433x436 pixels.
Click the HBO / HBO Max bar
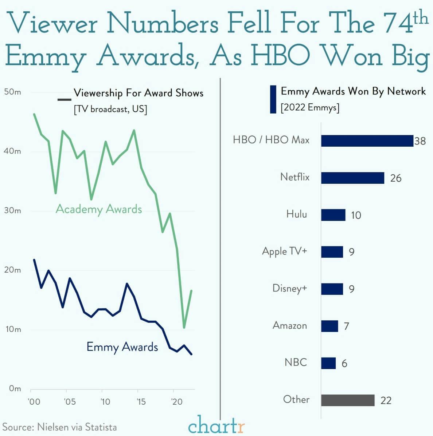click(x=367, y=141)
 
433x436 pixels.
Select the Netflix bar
click(x=352, y=178)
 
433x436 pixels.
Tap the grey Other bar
click(x=348, y=400)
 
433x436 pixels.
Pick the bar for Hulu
click(x=333, y=215)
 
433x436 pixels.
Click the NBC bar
click(x=328, y=363)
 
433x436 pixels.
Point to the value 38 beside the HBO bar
click(x=420, y=141)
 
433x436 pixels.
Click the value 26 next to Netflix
click(x=395, y=178)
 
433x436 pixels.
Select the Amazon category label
click(x=290, y=325)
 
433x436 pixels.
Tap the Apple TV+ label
click(x=284, y=251)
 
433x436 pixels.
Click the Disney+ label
click(x=290, y=288)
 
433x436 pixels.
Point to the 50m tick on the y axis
click(x=13, y=92)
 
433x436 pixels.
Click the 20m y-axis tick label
click(x=13, y=270)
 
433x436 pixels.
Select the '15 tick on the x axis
click(x=141, y=402)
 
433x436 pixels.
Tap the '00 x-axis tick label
click(x=34, y=402)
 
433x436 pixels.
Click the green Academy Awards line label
click(x=99, y=209)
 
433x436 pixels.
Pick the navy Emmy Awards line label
click(x=122, y=347)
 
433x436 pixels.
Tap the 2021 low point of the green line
click(x=184, y=328)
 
